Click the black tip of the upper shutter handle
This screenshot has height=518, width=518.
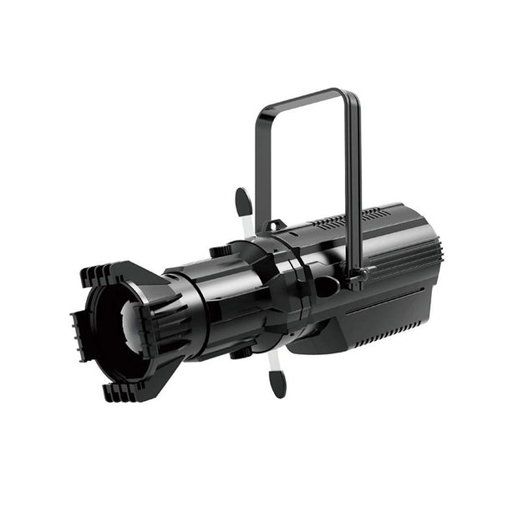point(243,201)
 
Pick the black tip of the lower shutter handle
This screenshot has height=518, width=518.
point(277,383)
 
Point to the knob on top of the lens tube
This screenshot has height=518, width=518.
point(220,251)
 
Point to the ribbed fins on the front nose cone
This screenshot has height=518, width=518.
point(171,326)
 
